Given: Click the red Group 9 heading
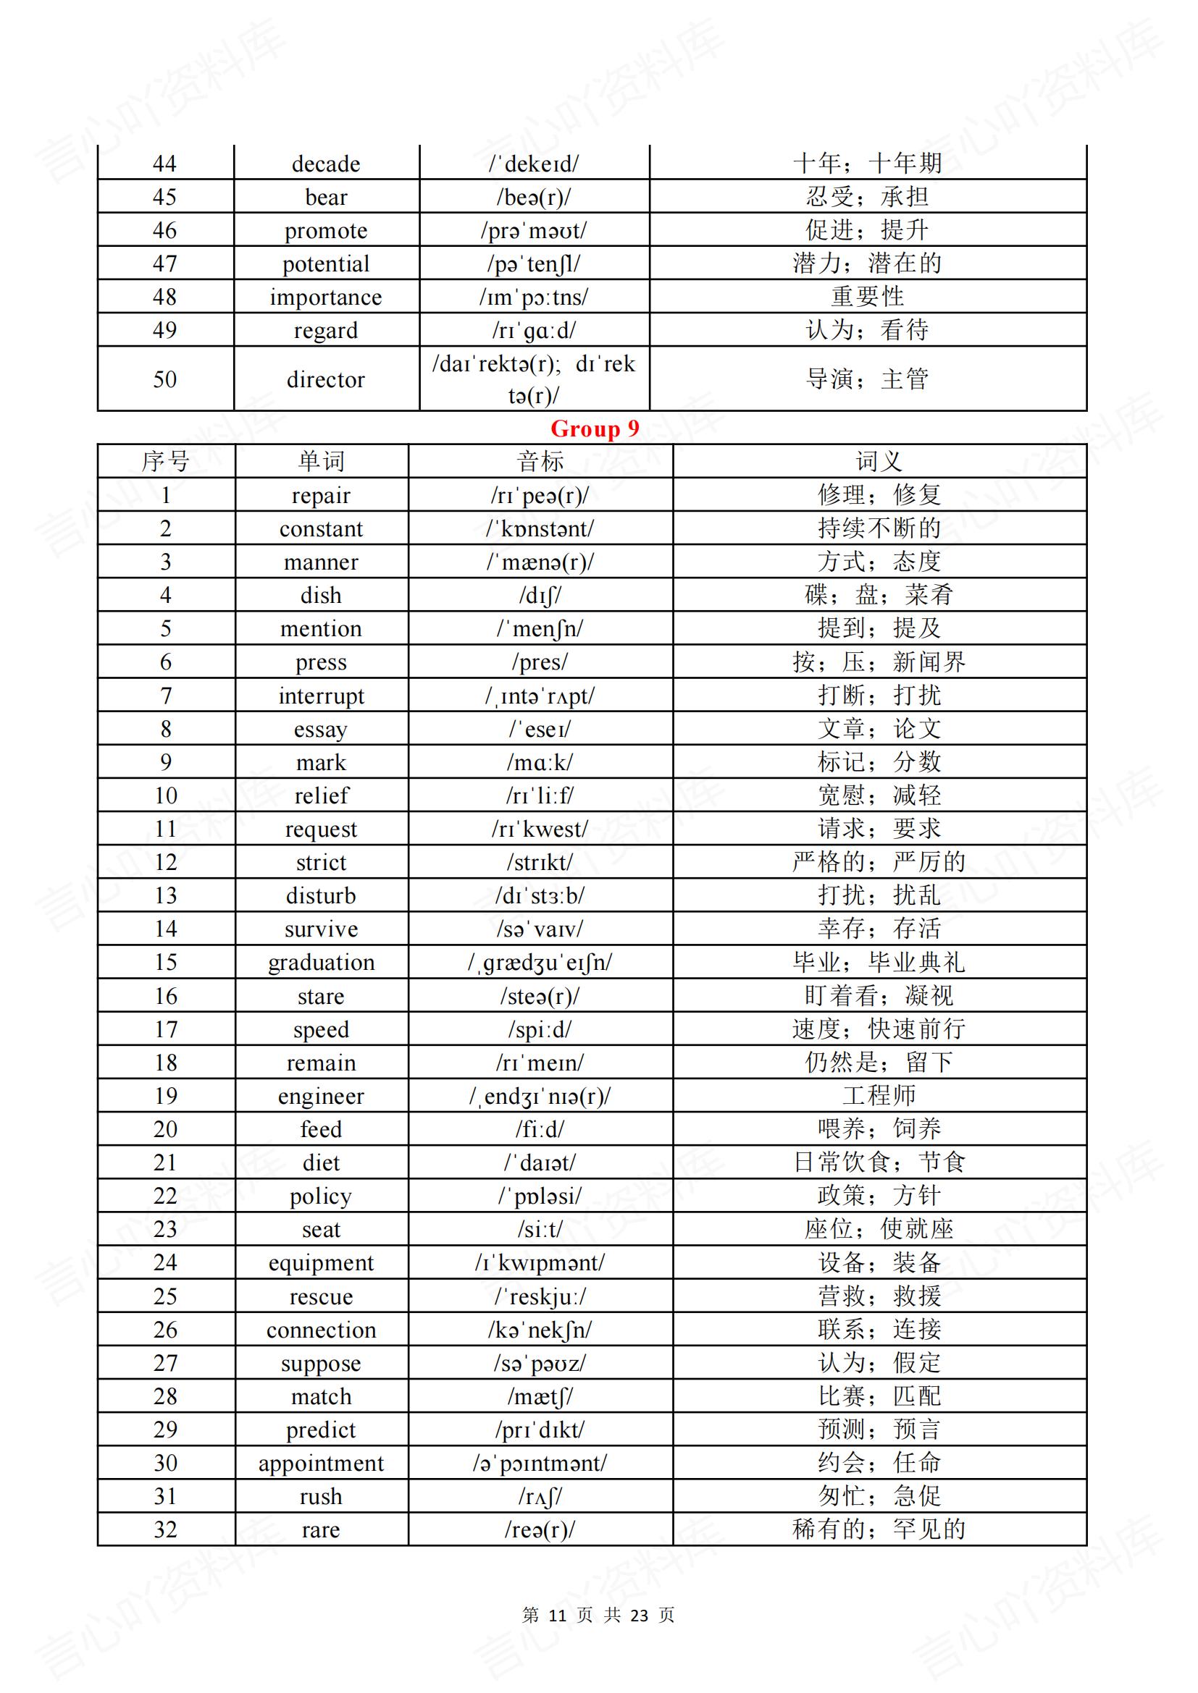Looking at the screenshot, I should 595,428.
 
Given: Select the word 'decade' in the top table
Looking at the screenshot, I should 326,164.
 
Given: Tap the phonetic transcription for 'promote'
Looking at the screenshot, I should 533,231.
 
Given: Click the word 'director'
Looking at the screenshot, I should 326,380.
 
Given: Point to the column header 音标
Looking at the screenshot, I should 540,462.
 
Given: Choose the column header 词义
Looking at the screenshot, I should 879,462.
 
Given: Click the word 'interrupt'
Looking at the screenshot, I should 321,696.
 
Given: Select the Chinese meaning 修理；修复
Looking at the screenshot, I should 879,495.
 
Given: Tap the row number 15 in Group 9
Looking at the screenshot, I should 165,962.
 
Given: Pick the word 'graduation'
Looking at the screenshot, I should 321,962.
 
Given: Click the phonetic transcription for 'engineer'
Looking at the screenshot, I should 540,1097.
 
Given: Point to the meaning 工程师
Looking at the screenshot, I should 879,1096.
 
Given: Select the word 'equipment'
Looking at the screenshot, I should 321,1263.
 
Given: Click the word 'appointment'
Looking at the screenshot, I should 321,1464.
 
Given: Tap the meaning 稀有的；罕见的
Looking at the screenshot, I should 879,1529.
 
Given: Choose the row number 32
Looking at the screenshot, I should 165,1530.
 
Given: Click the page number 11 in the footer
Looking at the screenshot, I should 557,1616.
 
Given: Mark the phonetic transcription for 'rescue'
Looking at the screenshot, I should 540,1297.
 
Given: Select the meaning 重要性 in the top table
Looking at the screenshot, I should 868,297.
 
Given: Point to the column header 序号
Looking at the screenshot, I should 165,462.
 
